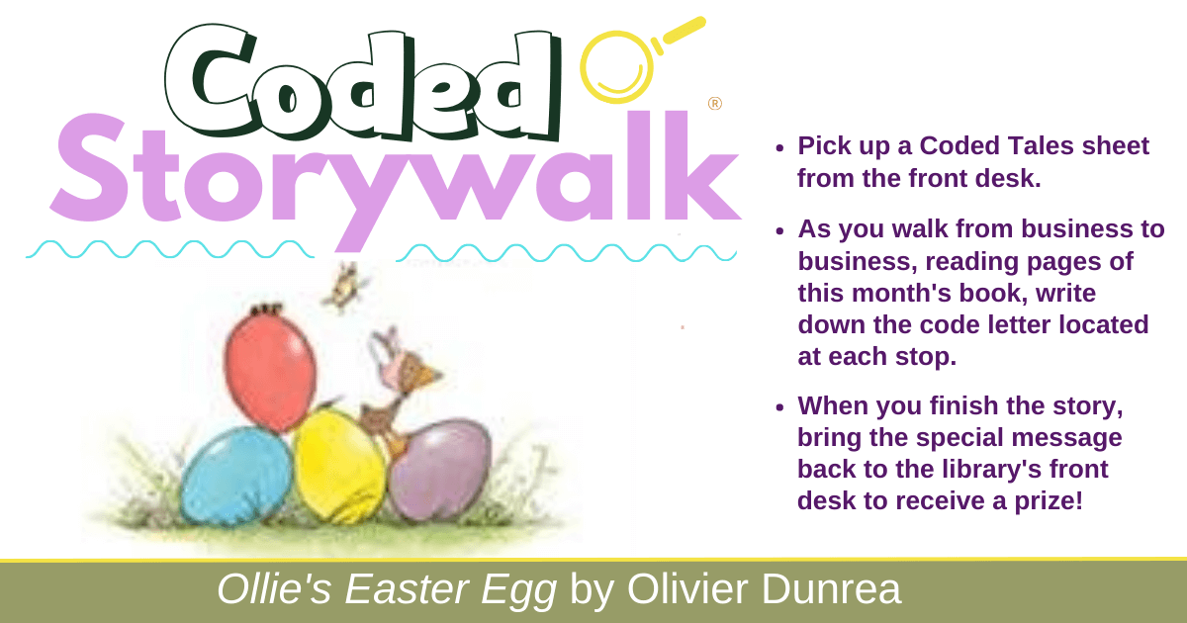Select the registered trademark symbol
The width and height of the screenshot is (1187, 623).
pyautogui.click(x=715, y=103)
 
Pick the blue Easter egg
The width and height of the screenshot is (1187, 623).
pyautogui.click(x=235, y=476)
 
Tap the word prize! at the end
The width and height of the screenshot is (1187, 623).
pyautogui.click(x=1049, y=501)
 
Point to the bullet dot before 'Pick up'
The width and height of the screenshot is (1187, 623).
pyautogui.click(x=779, y=147)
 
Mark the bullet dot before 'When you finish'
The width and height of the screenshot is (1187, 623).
pyautogui.click(x=779, y=407)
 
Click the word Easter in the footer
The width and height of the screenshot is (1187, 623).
pyautogui.click(x=408, y=589)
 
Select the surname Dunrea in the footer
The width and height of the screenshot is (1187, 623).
pyautogui.click(x=830, y=589)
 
